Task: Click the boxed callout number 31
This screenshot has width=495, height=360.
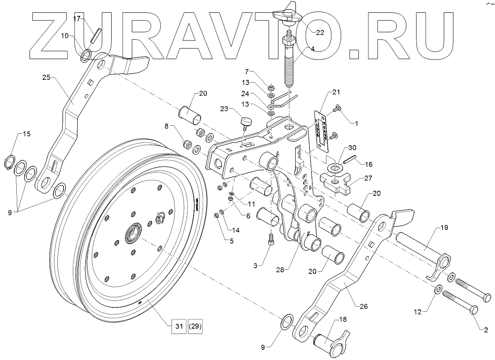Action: coord(178,326)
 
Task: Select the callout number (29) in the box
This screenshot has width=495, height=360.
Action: coord(195,326)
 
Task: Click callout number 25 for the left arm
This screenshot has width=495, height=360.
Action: coord(47,78)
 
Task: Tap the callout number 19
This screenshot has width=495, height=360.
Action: coord(444,228)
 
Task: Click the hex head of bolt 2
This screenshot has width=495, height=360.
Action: coord(474,310)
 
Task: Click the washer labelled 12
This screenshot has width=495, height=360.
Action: coord(438,289)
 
